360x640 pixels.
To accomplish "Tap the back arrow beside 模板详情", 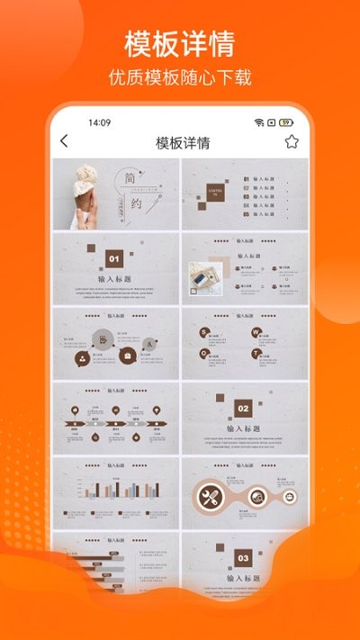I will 64,141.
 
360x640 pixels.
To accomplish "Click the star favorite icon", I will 292,141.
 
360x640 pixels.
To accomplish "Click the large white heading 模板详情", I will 180,43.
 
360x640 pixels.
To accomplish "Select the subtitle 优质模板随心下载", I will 180,77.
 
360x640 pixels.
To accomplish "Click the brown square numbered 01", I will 114,259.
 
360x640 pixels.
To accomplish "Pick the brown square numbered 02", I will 243,409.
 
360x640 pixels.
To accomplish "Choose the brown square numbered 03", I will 243,558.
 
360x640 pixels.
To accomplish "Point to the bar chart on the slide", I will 115,491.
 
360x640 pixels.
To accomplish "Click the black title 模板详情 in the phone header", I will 183,142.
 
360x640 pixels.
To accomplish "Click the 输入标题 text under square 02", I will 243,429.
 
